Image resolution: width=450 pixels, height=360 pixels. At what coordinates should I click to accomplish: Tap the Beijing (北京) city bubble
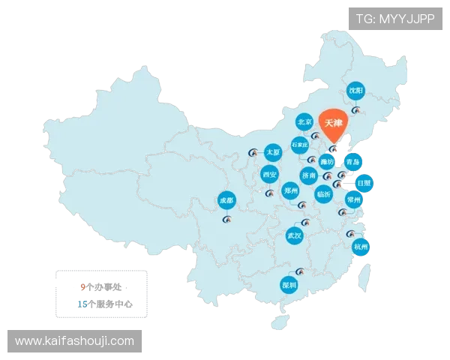[304, 121]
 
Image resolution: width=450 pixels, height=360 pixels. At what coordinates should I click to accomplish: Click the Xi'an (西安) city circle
[269, 175]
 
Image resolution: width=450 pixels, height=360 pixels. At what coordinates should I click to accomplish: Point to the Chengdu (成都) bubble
[226, 200]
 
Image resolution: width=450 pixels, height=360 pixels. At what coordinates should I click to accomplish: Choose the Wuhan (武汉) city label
[294, 235]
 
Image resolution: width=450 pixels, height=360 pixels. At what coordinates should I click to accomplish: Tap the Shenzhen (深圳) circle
[289, 284]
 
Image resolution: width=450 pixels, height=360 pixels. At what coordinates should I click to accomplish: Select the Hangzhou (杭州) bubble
[361, 246]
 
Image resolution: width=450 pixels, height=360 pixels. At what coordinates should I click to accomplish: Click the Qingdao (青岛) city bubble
[352, 161]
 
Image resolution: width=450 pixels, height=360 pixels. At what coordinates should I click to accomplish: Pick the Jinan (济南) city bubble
[309, 175]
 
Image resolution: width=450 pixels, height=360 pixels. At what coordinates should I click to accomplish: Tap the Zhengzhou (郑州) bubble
[290, 190]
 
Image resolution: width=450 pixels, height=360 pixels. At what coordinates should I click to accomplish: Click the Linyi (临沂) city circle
[323, 193]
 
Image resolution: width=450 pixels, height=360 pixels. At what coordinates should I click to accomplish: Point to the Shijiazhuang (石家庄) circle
[300, 144]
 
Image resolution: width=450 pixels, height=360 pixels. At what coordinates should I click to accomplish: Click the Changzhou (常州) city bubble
[353, 199]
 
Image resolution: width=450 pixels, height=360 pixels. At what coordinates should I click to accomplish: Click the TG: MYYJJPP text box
[394, 19]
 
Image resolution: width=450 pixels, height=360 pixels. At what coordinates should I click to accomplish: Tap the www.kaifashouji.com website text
[74, 341]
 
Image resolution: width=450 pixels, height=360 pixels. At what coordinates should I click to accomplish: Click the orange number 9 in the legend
[82, 286]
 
